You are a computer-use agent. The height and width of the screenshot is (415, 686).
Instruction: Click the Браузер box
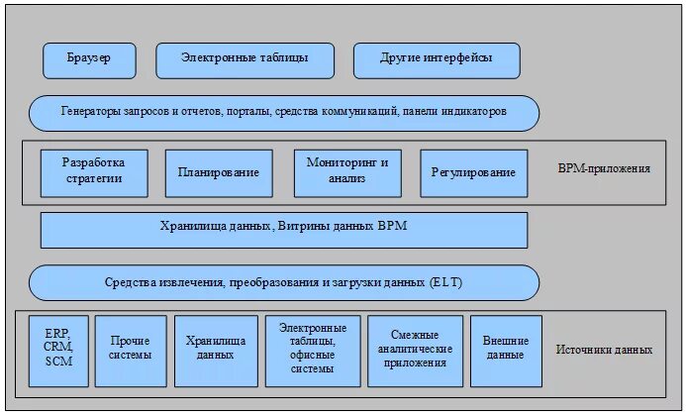pyautogui.click(x=89, y=59)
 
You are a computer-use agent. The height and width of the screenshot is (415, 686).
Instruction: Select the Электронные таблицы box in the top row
pyautogui.click(x=245, y=59)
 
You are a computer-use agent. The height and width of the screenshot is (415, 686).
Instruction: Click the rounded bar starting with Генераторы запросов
pyautogui.click(x=283, y=113)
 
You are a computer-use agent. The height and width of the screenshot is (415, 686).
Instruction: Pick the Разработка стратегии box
pyautogui.click(x=94, y=172)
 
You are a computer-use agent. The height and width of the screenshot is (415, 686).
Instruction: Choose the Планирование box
pyautogui.click(x=219, y=172)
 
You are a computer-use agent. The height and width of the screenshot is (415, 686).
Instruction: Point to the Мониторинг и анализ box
pyautogui.click(x=347, y=172)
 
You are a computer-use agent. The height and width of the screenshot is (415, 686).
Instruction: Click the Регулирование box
pyautogui.click(x=473, y=172)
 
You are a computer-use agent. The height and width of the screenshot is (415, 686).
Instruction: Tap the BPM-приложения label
pyautogui.click(x=604, y=168)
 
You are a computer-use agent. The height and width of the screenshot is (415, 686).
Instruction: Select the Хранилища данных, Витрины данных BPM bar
pyautogui.click(x=283, y=228)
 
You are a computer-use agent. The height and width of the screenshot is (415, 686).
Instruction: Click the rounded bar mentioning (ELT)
pyautogui.click(x=283, y=282)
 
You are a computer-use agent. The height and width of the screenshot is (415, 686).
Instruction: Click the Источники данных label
pyautogui.click(x=604, y=350)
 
